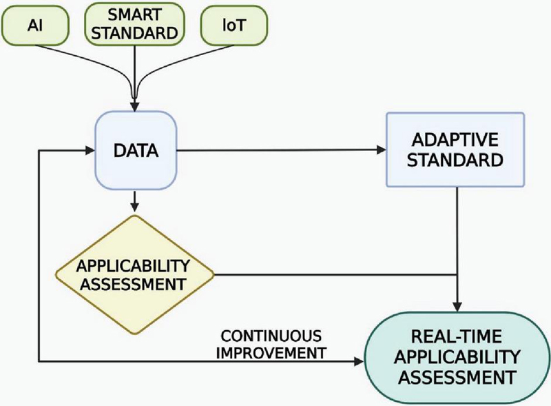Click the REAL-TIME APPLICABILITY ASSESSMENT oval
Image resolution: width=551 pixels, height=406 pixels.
click(457, 357)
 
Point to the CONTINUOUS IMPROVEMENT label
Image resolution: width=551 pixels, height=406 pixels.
click(271, 344)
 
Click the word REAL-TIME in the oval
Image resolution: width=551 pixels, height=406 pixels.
click(457, 337)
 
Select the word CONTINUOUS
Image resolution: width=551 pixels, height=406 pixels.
click(271, 336)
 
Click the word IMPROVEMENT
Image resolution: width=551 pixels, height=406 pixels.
click(271, 352)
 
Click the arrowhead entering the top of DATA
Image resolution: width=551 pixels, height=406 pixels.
click(136, 105)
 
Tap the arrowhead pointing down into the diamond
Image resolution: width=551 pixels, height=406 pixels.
click(136, 207)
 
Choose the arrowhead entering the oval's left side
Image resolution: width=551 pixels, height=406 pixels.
click(360, 360)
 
